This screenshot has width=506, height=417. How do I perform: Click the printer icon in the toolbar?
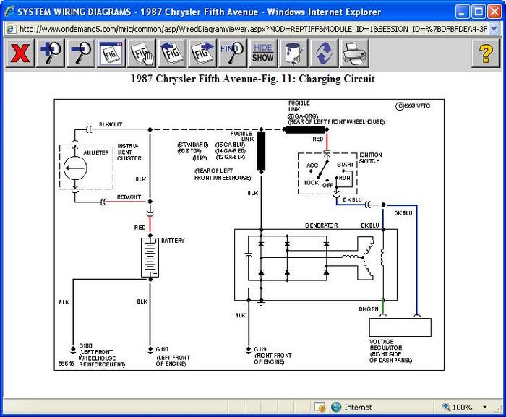click(353, 53)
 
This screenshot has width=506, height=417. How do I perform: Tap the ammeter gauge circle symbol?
click(76, 168)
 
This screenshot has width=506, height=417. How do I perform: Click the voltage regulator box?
click(400, 327)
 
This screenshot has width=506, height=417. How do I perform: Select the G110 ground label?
click(162, 349)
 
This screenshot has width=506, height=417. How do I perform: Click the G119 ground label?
click(261, 349)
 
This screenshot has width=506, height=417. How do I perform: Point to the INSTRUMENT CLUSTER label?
click(129, 152)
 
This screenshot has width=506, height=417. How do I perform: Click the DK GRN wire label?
click(368, 309)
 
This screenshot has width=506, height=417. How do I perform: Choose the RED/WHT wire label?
click(129, 197)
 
